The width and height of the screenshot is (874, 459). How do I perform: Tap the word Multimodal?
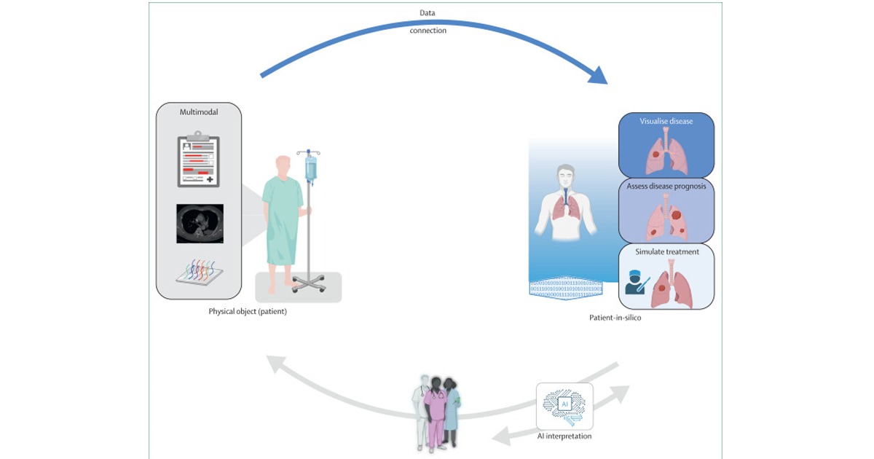pos(199,111)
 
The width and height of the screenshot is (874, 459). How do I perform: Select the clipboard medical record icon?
pos(199,162)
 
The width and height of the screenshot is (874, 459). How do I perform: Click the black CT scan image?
pos(200,223)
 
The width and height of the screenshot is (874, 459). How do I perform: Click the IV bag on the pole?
pos(311,169)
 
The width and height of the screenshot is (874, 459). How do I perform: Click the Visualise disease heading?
pos(666,121)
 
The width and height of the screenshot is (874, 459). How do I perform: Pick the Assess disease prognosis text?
pos(666,187)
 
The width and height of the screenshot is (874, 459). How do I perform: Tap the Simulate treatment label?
pos(666,251)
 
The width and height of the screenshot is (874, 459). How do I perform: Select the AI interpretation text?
pos(564,436)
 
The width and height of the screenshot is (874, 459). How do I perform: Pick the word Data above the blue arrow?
pos(428,13)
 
